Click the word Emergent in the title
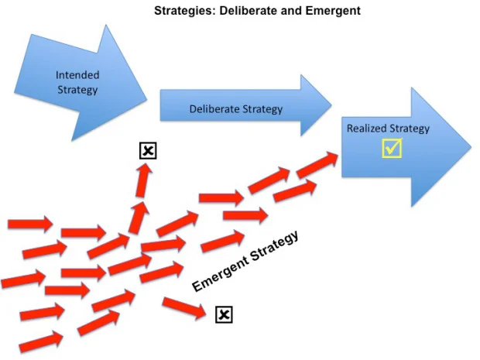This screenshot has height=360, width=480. click(332, 11)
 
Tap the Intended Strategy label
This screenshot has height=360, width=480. click(77, 82)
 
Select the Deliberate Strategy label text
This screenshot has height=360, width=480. click(235, 109)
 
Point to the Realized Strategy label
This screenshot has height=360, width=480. click(387, 129)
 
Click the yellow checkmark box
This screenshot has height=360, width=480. click(392, 147)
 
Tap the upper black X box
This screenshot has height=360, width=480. click(148, 150)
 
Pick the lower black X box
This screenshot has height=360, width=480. click(223, 314)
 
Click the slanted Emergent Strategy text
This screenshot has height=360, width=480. click(245, 262)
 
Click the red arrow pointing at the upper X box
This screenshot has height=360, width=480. click(142, 180)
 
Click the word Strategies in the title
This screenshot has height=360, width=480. click(180, 11)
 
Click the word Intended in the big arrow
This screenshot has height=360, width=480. click(77, 75)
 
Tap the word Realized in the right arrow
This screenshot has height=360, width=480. click(365, 129)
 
